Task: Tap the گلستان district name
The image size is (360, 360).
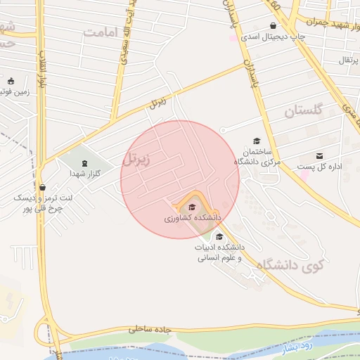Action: [303, 110]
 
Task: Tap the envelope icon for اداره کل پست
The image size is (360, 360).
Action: [320, 156]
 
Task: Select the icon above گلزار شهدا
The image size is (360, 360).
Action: [85, 163]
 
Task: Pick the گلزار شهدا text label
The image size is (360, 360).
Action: [85, 173]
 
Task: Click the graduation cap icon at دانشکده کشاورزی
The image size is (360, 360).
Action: [191, 207]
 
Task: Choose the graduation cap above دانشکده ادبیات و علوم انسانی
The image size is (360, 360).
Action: [219, 236]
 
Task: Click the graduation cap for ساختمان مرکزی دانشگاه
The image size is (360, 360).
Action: [257, 141]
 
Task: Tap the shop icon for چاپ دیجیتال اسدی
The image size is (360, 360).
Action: [273, 26]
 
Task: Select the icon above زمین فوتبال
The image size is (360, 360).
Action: [11, 80]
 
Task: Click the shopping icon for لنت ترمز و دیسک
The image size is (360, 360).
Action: [44, 188]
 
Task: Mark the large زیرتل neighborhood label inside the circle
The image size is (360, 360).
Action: [136, 159]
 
